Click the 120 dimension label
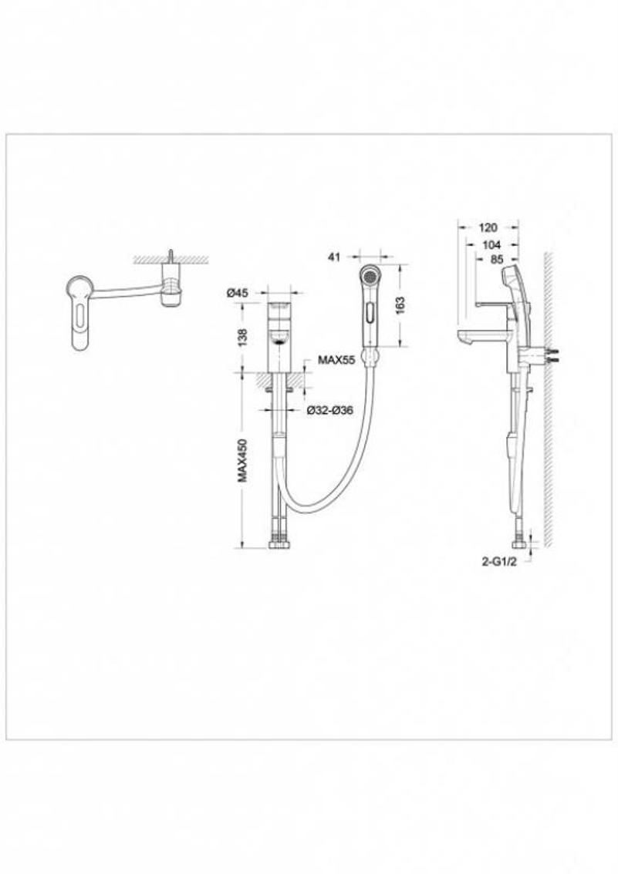click(488, 227)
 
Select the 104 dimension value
click(491, 244)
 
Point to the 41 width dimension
click(334, 257)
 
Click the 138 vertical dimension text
click(242, 337)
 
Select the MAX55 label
click(336, 360)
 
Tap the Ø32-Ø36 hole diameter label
click(330, 410)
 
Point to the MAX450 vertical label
click(242, 460)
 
